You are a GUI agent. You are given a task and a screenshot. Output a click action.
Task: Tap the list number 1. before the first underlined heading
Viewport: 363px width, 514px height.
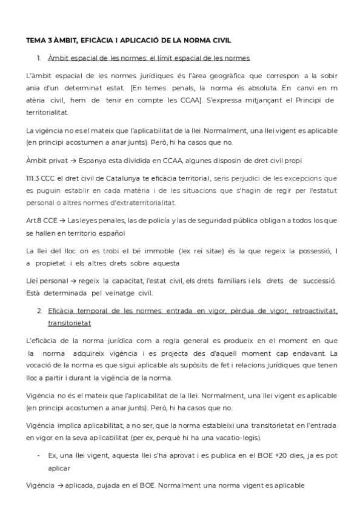(39, 58)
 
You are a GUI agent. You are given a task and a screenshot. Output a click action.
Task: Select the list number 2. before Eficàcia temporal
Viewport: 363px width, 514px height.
(39, 311)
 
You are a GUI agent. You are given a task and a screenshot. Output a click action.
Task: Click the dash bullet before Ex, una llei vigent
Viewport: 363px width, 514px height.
(39, 455)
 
